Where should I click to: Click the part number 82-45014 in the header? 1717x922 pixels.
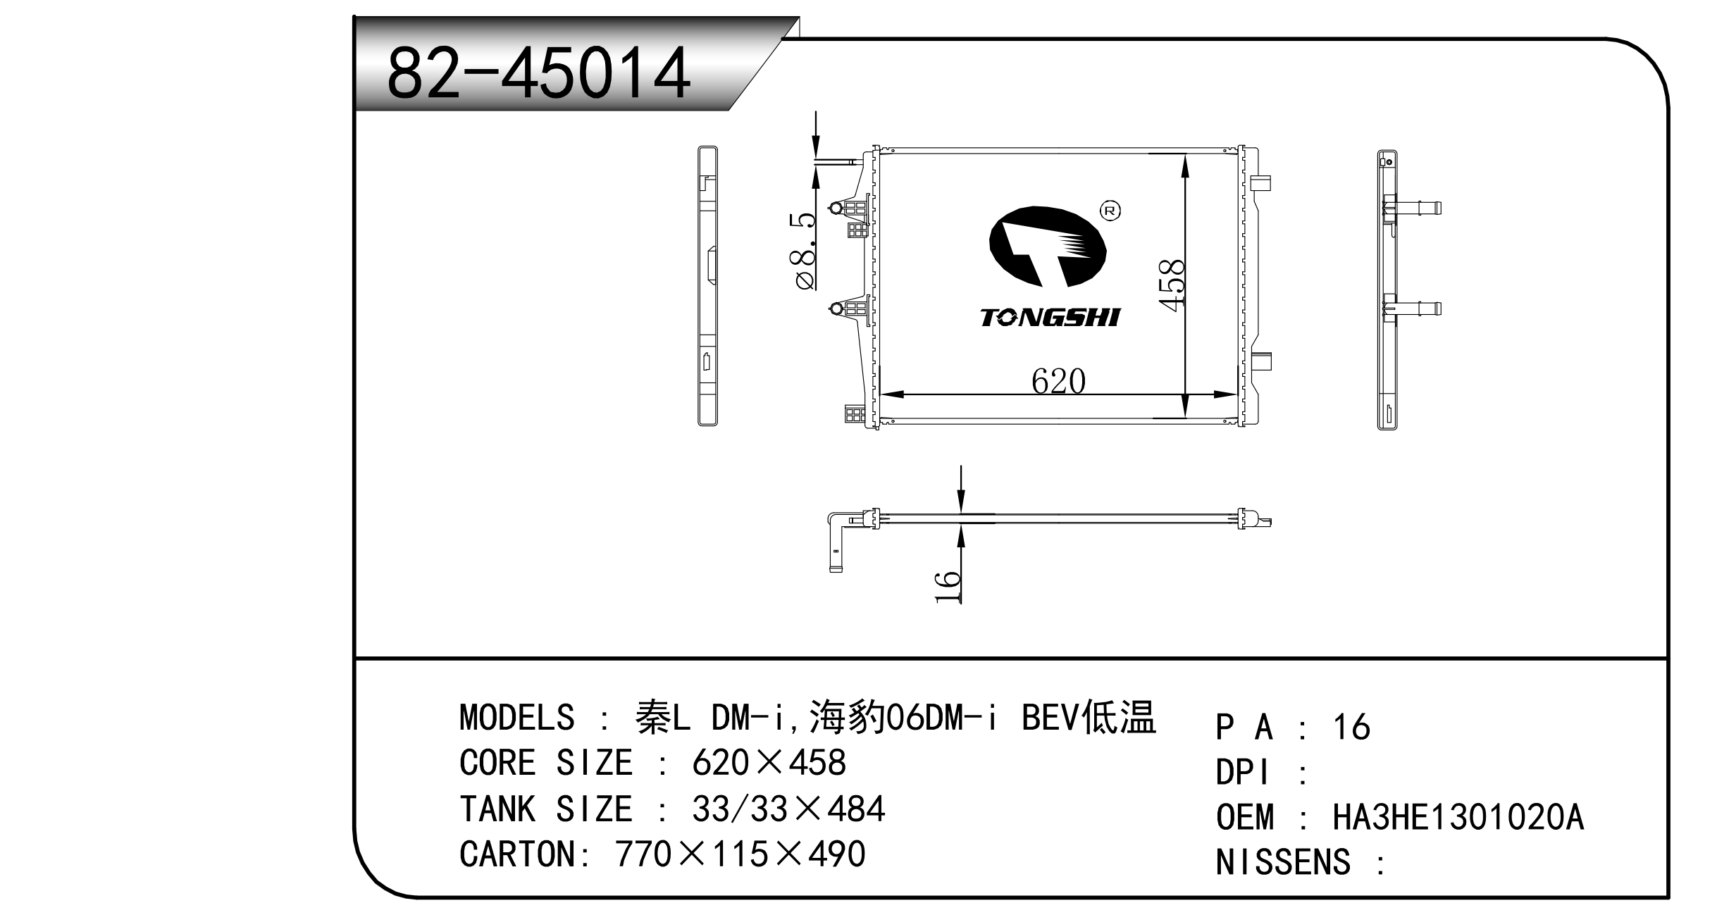[538, 73]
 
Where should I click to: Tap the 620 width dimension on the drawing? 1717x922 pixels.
[1058, 381]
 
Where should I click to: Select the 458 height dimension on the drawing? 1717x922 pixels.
[1172, 285]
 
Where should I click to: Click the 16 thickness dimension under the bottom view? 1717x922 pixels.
[948, 587]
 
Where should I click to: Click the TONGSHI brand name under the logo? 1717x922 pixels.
[1050, 318]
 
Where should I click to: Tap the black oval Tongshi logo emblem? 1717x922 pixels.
[1048, 247]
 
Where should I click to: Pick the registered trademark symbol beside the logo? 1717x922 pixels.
[1110, 211]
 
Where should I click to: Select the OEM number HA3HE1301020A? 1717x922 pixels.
[1458, 818]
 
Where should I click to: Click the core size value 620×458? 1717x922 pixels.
[769, 763]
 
